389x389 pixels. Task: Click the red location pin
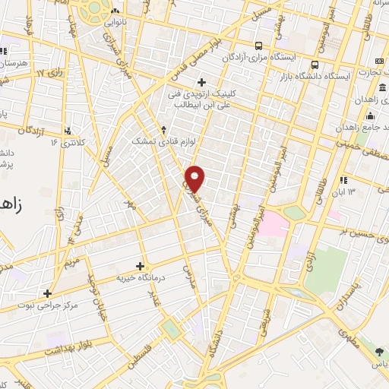[195, 178]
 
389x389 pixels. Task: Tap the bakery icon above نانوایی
[115, 11]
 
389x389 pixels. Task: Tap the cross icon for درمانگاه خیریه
[140, 266]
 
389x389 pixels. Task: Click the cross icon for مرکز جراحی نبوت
[47, 293]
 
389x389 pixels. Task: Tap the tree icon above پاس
[379, 350]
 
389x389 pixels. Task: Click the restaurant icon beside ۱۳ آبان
[343, 180]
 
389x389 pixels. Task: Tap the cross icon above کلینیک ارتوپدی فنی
[201, 82]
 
